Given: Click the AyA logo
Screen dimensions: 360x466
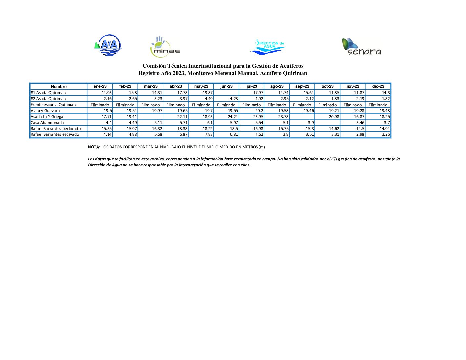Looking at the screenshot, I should click(108, 45).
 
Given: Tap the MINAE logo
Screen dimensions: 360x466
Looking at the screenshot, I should click(165, 47).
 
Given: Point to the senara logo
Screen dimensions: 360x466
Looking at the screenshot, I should click(361, 47).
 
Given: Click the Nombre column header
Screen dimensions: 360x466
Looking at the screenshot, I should click(59, 87).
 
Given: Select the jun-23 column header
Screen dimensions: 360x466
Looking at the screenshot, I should click(226, 87).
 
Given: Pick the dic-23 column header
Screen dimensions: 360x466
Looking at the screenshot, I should click(378, 87).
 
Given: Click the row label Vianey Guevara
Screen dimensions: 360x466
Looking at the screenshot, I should click(45, 111).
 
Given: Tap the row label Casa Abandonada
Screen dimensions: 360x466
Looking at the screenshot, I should click(47, 123).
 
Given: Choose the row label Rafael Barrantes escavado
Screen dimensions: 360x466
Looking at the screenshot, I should click(55, 134).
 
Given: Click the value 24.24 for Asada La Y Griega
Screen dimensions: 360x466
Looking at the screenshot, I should click(233, 117).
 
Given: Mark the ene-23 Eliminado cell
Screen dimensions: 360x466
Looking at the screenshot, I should click(100, 105).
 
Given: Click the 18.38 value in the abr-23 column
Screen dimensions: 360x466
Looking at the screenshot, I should click(182, 129).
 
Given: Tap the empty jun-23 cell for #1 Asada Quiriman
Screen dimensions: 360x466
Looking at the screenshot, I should click(226, 93).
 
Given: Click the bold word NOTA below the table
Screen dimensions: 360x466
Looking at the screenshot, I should click(94, 147).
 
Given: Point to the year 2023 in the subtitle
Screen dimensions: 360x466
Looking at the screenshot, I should click(179, 73).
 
